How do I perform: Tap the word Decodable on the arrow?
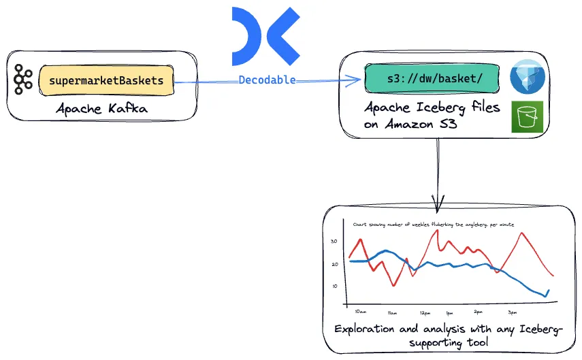267,80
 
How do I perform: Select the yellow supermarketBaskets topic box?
106,80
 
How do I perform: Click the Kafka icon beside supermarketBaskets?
23,80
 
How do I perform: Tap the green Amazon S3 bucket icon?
527,117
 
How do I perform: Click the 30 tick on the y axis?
334,242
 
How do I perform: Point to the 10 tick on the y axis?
334,286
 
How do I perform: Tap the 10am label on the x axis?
360,312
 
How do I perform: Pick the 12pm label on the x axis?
425,313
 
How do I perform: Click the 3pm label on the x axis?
513,313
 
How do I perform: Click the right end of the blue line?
548,291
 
